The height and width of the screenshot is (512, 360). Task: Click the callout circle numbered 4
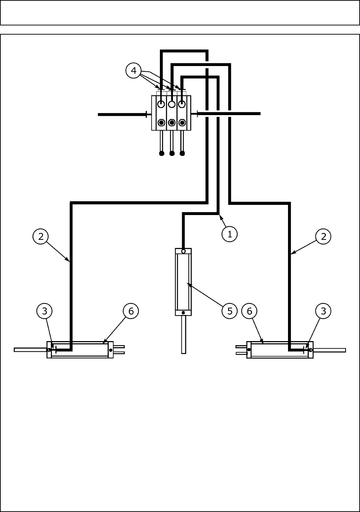pos(134,71)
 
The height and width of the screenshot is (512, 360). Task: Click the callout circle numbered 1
pos(230,234)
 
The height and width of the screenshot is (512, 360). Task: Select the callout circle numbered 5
pos(230,311)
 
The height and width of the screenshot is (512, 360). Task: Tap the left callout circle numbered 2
pos(41,236)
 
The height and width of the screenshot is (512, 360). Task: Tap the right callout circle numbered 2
pos(324,236)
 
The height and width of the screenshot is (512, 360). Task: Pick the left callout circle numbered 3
pos(44,311)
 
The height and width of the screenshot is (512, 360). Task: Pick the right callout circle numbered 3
pos(323,311)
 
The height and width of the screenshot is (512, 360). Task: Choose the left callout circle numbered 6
pos(131,311)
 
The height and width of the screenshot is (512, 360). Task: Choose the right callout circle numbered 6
pos(250,311)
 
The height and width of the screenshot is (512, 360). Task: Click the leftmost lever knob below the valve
pos(162,153)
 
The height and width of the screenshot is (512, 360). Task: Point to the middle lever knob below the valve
pos(172,153)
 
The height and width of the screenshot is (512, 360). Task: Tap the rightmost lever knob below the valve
pos(182,153)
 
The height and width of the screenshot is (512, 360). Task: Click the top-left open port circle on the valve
pos(161,104)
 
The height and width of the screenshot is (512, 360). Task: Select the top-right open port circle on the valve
pos(182,104)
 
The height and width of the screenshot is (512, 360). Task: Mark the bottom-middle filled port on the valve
pos(172,123)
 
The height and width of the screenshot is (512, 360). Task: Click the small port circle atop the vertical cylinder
pos(184,251)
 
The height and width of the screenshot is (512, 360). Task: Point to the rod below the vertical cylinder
pos(184,334)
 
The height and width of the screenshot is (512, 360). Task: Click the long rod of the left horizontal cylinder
pos(30,350)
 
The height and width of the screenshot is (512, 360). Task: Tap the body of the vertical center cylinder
pos(184,282)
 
